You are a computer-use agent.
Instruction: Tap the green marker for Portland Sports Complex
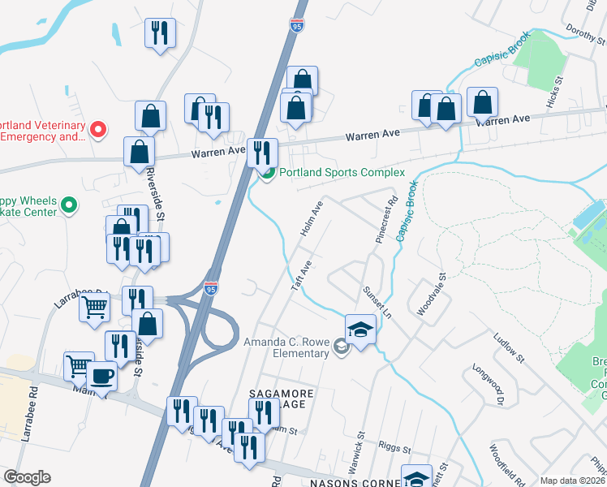(267, 172)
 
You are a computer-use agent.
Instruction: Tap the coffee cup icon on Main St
(102, 377)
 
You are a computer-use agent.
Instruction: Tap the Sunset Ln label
(377, 302)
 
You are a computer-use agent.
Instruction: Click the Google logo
(27, 477)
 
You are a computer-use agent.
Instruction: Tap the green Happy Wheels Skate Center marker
(70, 206)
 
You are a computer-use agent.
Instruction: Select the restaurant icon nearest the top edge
(159, 32)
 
